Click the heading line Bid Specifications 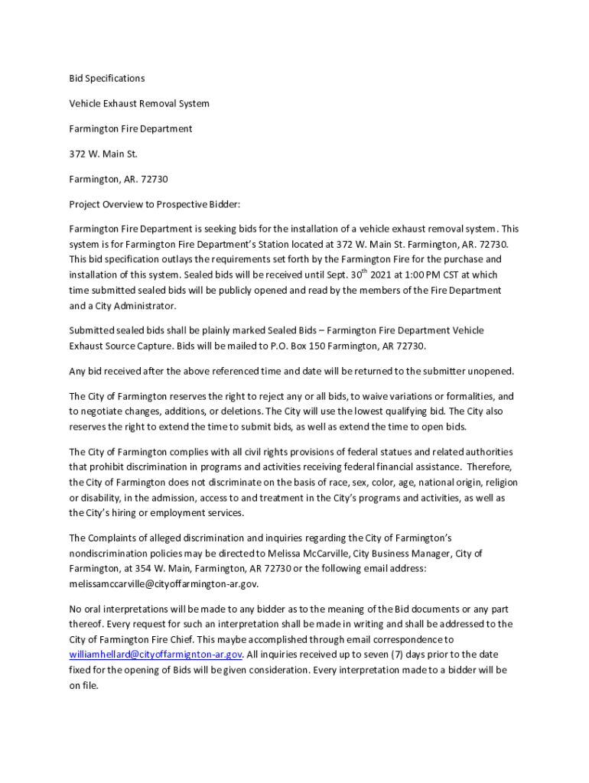click(x=106, y=78)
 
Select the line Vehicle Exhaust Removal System click(x=139, y=103)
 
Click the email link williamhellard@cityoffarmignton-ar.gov click(x=156, y=655)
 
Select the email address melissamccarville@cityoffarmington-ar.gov click(x=164, y=583)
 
